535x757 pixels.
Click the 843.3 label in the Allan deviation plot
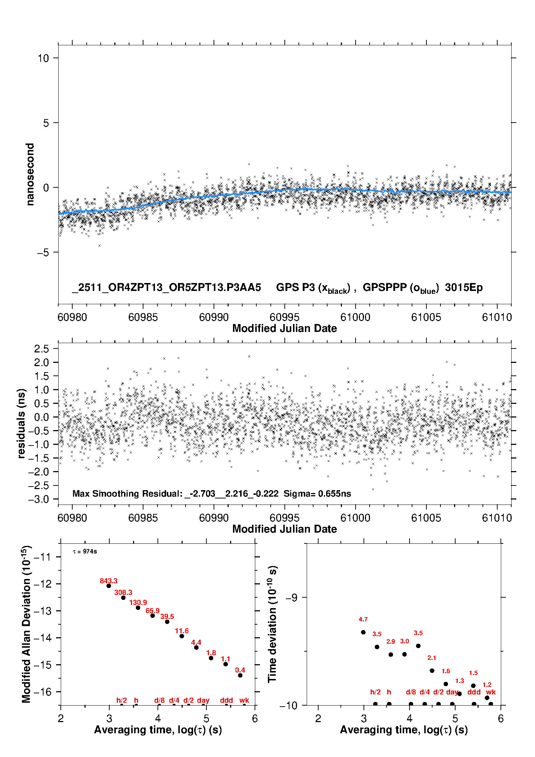pyautogui.click(x=109, y=581)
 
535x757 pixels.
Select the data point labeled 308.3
pyautogui.click(x=123, y=598)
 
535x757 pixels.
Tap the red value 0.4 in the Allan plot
pyautogui.click(x=240, y=670)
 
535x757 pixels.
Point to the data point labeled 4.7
pyautogui.click(x=363, y=632)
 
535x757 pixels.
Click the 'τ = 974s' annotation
pyautogui.click(x=85, y=552)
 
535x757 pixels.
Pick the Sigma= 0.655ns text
pyautogui.click(x=317, y=493)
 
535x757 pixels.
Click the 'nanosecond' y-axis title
pyautogui.click(x=30, y=174)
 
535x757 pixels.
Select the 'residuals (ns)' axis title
pyautogui.click(x=22, y=423)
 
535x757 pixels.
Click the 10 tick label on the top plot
pyautogui.click(x=43, y=58)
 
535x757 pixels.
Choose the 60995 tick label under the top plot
pyautogui.click(x=284, y=318)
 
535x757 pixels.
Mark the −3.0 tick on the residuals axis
pyautogui.click(x=41, y=499)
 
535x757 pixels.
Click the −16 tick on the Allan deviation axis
pyautogui.click(x=43, y=692)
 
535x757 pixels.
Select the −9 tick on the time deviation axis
pyautogui.click(x=291, y=597)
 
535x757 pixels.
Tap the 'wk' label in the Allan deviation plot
pyautogui.click(x=244, y=700)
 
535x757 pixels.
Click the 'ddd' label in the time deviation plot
pyautogui.click(x=474, y=692)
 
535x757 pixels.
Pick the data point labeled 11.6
pyautogui.click(x=182, y=636)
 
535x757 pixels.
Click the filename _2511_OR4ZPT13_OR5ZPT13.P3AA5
pyautogui.click(x=166, y=287)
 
